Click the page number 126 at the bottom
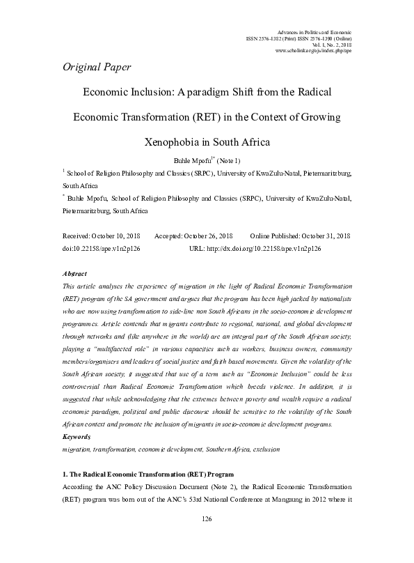coord(207,538)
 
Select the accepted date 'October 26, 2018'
coord(206,236)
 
